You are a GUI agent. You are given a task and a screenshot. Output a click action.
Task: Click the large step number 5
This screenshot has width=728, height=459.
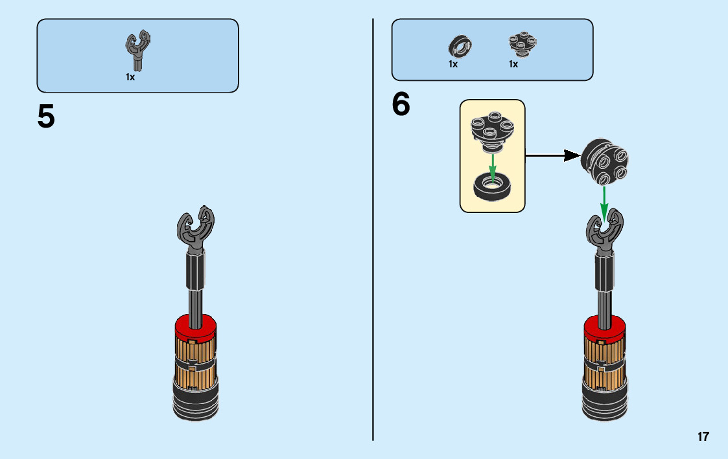[46, 117]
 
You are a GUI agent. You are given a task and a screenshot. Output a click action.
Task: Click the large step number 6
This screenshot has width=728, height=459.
[401, 105]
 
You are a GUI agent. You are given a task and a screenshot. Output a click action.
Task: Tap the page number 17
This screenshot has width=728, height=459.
[703, 436]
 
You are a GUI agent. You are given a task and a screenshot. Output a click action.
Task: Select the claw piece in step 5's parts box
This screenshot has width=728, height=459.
[138, 51]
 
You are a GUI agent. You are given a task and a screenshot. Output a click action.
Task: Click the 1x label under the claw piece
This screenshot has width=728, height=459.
[130, 76]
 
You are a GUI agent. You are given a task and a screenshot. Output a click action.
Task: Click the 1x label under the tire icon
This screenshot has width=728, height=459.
[453, 64]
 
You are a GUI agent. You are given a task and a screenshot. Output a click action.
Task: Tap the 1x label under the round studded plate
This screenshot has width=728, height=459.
[513, 64]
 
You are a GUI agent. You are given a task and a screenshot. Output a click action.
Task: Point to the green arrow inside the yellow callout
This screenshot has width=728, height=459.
[493, 166]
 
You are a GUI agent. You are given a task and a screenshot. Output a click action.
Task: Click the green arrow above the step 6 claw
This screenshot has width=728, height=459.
[604, 203]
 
